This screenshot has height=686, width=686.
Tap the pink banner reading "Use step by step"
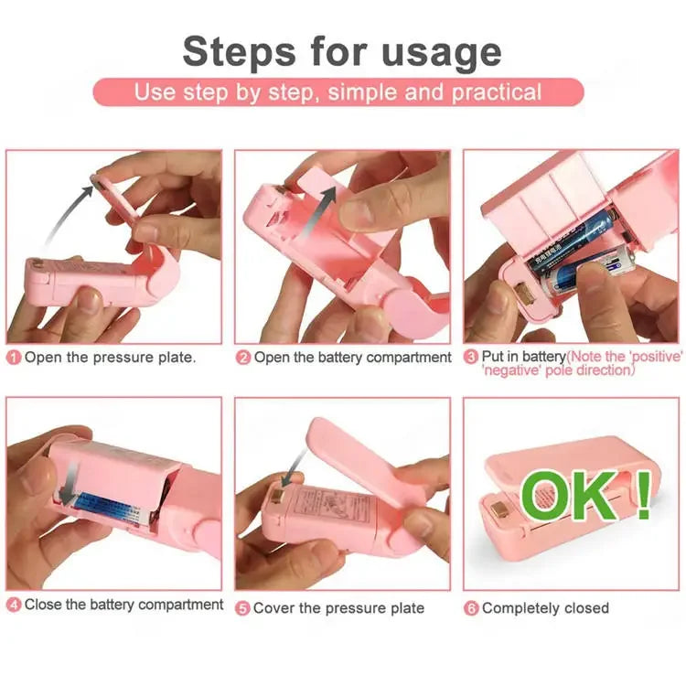[338, 92]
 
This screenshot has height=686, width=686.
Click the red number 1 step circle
[14, 358]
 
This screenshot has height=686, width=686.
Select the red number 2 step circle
[243, 358]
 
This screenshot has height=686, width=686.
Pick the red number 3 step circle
[471, 358]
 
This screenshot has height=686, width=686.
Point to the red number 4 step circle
[14, 605]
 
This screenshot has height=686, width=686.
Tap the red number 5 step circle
[243, 608]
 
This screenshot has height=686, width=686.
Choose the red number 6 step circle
[471, 608]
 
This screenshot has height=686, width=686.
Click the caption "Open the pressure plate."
[111, 358]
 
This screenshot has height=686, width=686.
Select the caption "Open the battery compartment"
[353, 358]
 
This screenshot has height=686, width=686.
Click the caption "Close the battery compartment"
[123, 605]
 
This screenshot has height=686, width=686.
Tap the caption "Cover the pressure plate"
[339, 608]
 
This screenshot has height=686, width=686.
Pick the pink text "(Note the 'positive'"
[623, 355]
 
